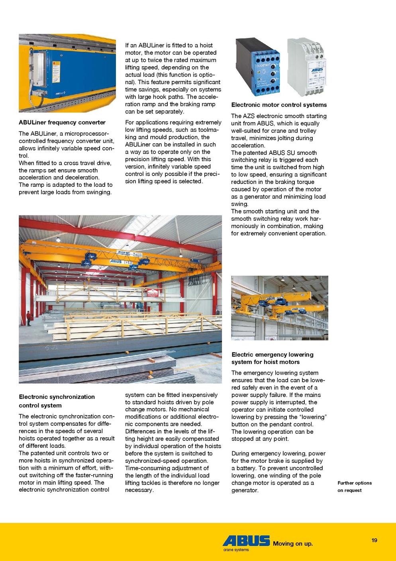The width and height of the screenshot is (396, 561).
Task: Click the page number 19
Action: [x=374, y=541]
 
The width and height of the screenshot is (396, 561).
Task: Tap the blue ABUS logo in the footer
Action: [x=246, y=541]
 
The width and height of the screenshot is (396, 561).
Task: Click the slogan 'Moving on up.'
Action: [x=293, y=543]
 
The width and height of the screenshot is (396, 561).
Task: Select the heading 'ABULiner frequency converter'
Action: [x=62, y=122]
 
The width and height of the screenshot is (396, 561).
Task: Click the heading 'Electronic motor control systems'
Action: [x=279, y=105]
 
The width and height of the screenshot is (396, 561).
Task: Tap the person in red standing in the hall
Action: [x=29, y=318]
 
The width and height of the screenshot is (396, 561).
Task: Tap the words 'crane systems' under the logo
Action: [x=236, y=550]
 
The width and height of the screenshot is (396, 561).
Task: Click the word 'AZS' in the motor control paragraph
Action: [x=249, y=116]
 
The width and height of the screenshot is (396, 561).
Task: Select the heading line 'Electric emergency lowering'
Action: [x=272, y=354]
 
